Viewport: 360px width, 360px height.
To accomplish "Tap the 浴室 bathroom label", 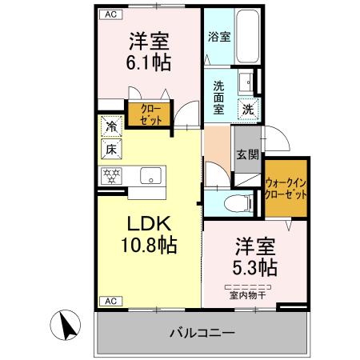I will pos(218,36).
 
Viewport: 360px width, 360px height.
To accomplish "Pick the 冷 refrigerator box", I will pos(111,126).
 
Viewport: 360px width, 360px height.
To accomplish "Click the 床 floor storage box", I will pos(111,149).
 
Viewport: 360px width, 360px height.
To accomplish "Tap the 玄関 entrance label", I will pos(247,155).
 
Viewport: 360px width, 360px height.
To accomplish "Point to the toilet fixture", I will pos(238,202).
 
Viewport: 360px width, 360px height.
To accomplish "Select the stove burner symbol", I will pos(111,175).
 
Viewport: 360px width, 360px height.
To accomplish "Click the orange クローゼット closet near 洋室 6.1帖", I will pos(150,113).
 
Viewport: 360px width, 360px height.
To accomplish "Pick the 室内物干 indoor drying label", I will pos(249,294).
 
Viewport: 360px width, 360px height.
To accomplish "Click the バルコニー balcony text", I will pos(202,334).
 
